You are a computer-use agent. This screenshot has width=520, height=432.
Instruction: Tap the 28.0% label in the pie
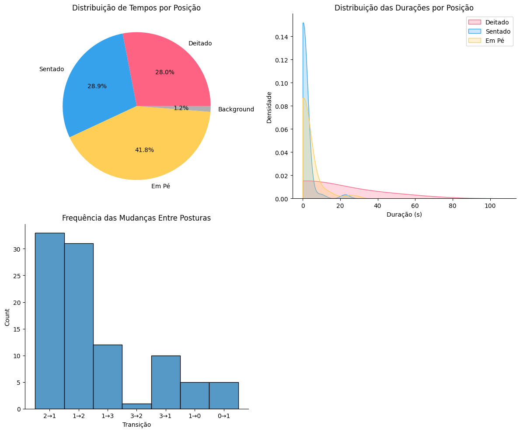tap(165, 73)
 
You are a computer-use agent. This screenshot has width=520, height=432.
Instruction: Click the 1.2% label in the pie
tap(181, 108)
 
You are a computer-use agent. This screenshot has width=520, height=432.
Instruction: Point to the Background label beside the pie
tap(236, 110)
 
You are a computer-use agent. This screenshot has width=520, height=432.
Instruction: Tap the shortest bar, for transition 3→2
tap(136, 406)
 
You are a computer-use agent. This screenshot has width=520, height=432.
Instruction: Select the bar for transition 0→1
tap(223, 396)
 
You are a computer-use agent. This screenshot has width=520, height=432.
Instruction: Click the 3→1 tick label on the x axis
tap(166, 416)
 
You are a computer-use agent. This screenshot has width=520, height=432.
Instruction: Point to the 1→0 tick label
tap(195, 416)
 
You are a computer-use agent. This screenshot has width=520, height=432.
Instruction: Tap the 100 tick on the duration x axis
tap(490, 206)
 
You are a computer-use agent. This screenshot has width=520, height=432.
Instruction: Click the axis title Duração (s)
tap(404, 214)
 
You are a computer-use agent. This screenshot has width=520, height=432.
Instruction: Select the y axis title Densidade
tap(269, 107)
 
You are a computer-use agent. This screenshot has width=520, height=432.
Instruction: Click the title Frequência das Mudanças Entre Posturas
tap(136, 218)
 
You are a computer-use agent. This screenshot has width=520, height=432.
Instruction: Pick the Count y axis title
tap(7, 317)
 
